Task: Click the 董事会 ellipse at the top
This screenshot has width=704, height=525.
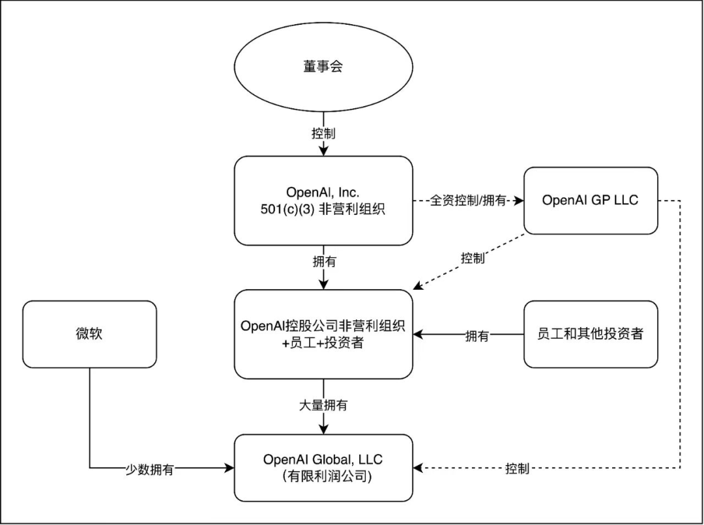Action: tap(323, 68)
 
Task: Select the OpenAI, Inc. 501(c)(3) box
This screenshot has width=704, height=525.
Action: tap(323, 201)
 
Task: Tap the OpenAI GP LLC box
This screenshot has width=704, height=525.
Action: tap(591, 201)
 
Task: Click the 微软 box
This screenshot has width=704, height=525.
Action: tap(89, 334)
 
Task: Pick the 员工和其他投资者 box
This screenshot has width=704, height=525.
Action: tap(591, 334)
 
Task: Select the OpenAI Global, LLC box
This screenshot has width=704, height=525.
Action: tap(323, 468)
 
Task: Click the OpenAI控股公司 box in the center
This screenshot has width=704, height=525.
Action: tap(323, 334)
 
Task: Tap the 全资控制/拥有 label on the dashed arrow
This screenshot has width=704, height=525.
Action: tap(468, 201)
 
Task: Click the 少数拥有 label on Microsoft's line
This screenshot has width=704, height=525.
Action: tap(149, 469)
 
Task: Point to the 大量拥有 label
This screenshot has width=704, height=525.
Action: tap(323, 405)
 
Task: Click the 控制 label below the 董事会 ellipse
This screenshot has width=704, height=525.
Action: tap(323, 134)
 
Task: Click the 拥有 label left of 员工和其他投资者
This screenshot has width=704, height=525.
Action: tap(477, 335)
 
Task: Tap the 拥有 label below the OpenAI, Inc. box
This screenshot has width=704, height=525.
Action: tap(323, 262)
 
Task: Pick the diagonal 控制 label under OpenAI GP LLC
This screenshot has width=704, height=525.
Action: tap(473, 259)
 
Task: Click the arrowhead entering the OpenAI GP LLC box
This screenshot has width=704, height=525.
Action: tap(520, 201)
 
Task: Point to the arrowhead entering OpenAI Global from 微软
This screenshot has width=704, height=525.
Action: tap(229, 468)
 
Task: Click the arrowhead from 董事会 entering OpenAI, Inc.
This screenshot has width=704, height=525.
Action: tap(323, 152)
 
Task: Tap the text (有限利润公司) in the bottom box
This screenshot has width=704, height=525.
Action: tap(323, 477)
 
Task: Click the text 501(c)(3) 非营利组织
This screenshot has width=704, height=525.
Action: tap(323, 210)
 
